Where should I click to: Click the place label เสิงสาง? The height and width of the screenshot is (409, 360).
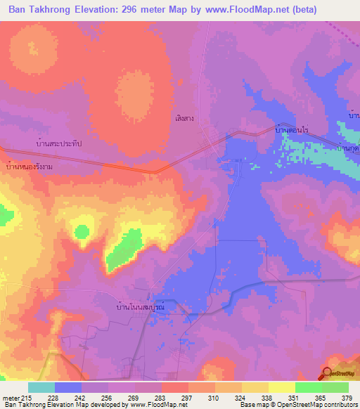coord(185,119)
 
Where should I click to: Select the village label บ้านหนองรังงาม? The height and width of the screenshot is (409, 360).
coord(29,167)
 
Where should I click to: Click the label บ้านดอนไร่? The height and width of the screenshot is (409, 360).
coord(292,131)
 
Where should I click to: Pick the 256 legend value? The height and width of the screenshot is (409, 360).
coord(94,398)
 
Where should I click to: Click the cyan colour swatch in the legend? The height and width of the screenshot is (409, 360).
coord(41,387)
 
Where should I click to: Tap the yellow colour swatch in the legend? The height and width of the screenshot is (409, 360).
coord(282,387)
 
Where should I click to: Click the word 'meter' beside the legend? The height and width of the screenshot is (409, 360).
coord(11,398)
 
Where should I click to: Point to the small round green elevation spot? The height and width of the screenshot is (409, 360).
coord(83,231)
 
